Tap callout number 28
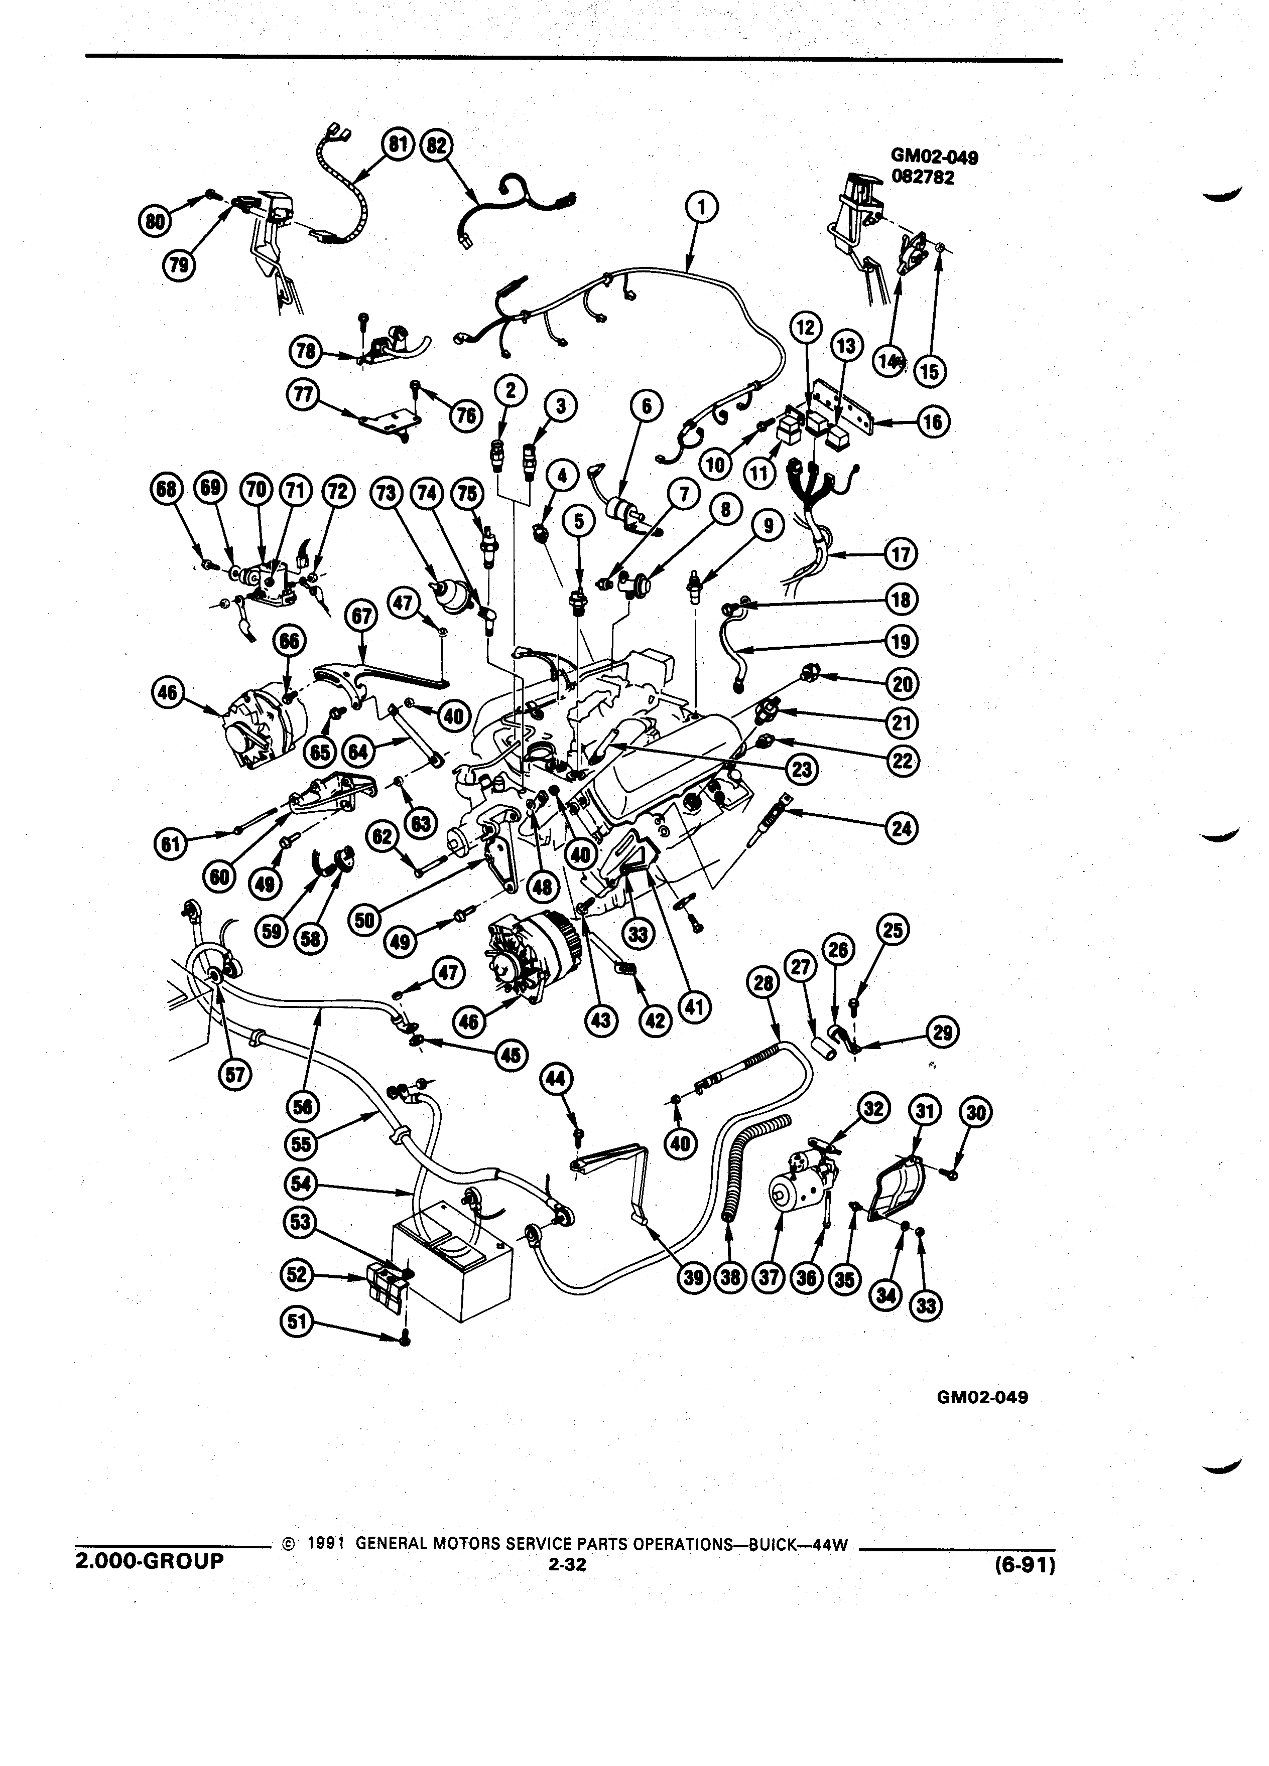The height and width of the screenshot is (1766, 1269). pyautogui.click(x=764, y=983)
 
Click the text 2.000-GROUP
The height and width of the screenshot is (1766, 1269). pyautogui.click(x=149, y=1560)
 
